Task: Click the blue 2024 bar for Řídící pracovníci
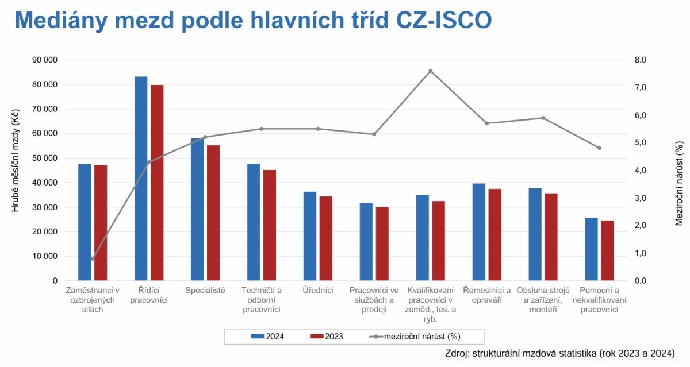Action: (x=141, y=178)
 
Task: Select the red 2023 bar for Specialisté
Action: (x=213, y=213)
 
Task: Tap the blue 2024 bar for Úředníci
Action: (x=310, y=236)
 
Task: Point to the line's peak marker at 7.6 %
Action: (x=430, y=71)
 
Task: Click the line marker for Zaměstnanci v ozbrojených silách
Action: (x=93, y=258)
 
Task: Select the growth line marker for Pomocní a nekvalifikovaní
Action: (x=599, y=148)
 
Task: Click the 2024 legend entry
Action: (x=267, y=337)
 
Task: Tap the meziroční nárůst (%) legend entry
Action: (x=416, y=337)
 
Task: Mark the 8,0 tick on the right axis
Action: (x=640, y=60)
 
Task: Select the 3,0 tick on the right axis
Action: (x=640, y=198)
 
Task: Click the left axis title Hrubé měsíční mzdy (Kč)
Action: (x=16, y=160)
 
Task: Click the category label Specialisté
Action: (x=205, y=291)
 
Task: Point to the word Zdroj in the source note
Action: (x=457, y=353)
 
